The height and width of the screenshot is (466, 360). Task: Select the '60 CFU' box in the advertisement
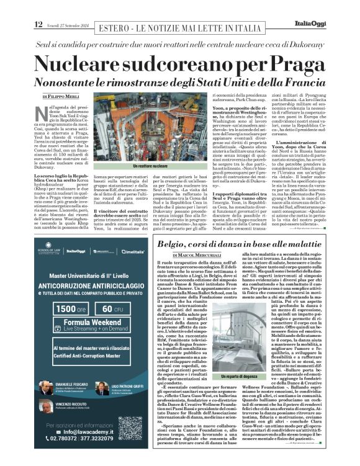click(113, 308)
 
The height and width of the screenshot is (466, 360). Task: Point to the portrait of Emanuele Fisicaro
click(47, 387)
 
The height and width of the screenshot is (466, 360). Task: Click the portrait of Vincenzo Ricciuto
click(47, 406)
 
